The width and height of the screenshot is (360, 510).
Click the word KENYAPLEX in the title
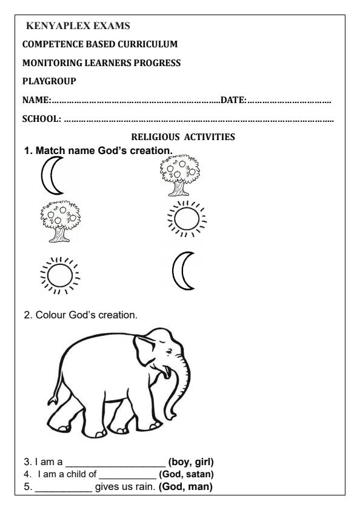pos(53,27)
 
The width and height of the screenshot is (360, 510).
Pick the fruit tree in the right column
pos(179,175)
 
